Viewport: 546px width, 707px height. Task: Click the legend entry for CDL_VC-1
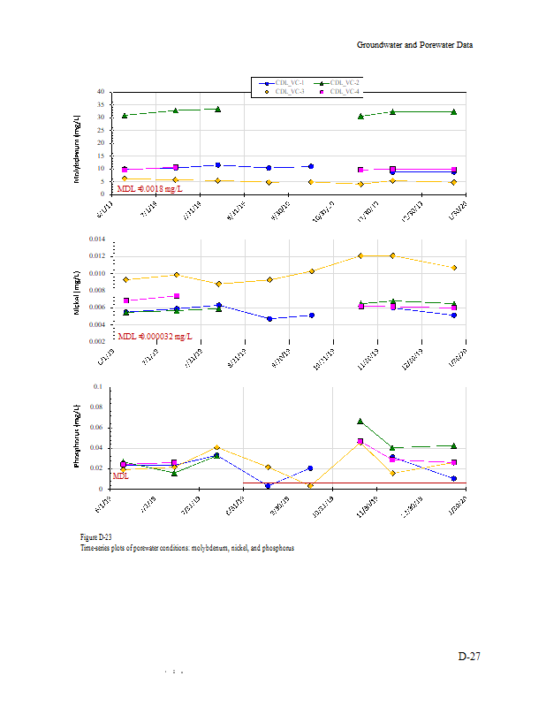coord(289,82)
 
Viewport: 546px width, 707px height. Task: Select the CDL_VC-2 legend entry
coord(345,82)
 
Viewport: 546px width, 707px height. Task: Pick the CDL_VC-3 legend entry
coord(289,91)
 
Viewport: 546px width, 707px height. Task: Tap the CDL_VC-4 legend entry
coord(345,91)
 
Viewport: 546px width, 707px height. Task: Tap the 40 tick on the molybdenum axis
coord(102,92)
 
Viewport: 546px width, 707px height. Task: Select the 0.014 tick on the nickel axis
coord(95,239)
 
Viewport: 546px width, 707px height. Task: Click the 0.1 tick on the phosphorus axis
coord(98,386)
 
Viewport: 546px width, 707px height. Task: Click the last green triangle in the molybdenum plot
coord(453,111)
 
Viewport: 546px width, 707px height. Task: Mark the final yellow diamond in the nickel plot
coord(454,268)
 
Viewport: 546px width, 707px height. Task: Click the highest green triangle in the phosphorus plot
coord(360,422)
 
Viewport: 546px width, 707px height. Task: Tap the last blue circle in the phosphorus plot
coord(453,479)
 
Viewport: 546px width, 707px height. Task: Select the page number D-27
coord(468,657)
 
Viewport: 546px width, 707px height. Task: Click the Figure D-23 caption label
coord(95,537)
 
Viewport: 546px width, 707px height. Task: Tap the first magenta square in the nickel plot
coord(125,300)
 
